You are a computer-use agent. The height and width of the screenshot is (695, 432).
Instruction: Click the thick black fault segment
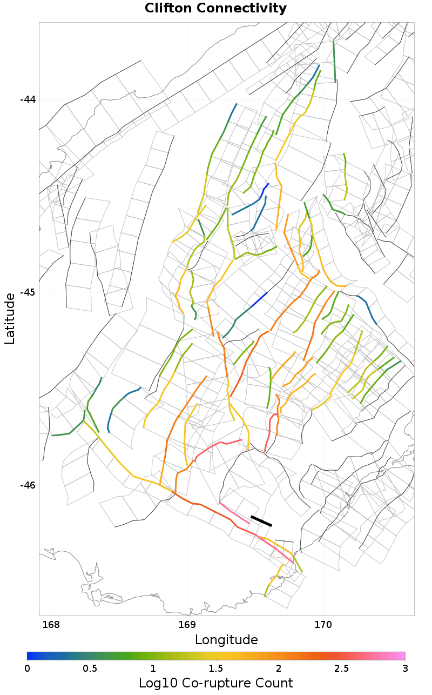[x=261, y=521]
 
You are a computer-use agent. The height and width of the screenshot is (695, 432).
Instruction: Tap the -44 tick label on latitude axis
[x=28, y=99]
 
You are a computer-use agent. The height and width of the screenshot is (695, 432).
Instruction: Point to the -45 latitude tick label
[x=28, y=292]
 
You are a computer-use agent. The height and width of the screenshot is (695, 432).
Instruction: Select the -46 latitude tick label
[x=28, y=485]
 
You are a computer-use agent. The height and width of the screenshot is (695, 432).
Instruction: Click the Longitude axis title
[x=226, y=640]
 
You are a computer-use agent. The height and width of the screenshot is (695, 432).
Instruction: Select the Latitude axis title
[x=10, y=319]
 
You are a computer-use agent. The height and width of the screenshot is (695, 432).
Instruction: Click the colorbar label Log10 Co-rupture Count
[x=216, y=683]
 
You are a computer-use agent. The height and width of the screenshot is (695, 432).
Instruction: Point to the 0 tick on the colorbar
[x=28, y=669]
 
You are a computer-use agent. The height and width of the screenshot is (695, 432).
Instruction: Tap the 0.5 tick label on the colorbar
[x=90, y=669]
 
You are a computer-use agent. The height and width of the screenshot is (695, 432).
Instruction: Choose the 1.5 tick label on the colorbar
[x=216, y=669]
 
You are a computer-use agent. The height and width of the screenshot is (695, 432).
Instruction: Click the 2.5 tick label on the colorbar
[x=342, y=669]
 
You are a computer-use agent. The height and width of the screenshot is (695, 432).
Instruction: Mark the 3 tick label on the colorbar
[x=404, y=669]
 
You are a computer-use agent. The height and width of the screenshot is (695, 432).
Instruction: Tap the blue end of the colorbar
[x=31, y=656]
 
